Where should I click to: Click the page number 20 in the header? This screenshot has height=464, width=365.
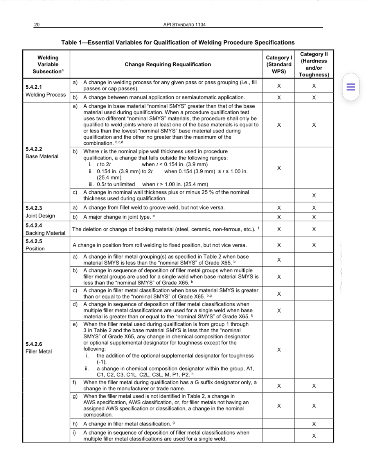[37, 25]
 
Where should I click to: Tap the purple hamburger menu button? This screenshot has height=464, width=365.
[351, 87]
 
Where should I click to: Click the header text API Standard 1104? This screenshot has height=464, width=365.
[184, 25]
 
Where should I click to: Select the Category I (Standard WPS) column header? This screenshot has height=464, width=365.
[279, 64]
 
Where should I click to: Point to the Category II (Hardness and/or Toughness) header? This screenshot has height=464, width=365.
[314, 64]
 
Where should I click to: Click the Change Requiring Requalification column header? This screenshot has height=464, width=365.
[168, 64]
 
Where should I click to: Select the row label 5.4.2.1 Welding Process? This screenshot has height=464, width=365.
[46, 91]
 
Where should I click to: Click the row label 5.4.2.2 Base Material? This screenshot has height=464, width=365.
[42, 153]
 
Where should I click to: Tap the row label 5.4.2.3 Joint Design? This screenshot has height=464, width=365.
[40, 212]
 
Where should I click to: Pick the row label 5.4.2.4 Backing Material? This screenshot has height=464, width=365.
[45, 229]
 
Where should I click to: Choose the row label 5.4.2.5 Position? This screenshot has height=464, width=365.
[35, 245]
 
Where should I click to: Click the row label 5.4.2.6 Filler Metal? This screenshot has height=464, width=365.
[38, 348]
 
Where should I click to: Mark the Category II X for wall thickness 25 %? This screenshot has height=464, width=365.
[314, 195]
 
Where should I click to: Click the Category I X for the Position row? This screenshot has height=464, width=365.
[279, 245]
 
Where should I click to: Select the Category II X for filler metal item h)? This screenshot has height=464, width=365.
[314, 424]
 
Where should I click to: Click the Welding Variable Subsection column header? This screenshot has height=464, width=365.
[48, 64]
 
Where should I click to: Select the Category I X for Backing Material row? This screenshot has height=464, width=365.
[279, 229]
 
